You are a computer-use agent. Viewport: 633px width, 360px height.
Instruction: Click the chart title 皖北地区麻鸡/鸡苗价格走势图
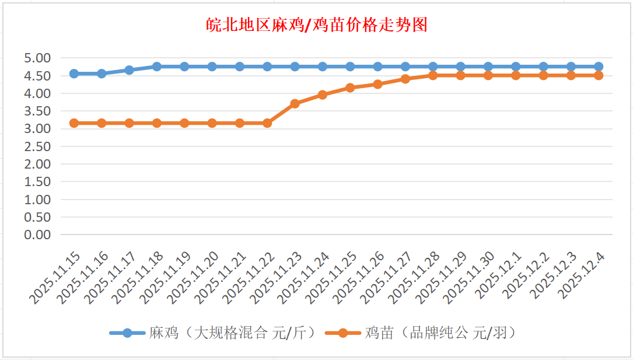coord(317,25)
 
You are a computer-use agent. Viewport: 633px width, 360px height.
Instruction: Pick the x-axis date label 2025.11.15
coord(55,278)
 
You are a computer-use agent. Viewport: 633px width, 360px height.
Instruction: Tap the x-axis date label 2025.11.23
coord(277,278)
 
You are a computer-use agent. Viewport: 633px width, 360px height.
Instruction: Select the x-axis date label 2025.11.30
coord(470,278)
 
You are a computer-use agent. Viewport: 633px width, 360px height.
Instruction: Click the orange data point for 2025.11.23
coord(295,104)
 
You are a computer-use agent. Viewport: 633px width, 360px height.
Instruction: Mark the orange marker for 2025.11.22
coord(267,123)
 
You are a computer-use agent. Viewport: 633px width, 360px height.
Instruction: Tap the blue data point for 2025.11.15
coord(74,74)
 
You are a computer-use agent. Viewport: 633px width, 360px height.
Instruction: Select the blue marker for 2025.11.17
coord(130,70)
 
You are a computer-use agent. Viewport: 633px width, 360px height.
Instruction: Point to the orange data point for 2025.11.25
coord(350,88)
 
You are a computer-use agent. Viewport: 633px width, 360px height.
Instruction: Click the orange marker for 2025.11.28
coord(433,75)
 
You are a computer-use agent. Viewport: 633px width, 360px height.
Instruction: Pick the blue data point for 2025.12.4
coord(599,67)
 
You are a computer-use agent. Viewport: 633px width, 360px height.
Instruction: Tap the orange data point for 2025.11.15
coord(74,123)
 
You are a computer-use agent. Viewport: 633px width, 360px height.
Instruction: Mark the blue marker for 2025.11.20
coord(212,67)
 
